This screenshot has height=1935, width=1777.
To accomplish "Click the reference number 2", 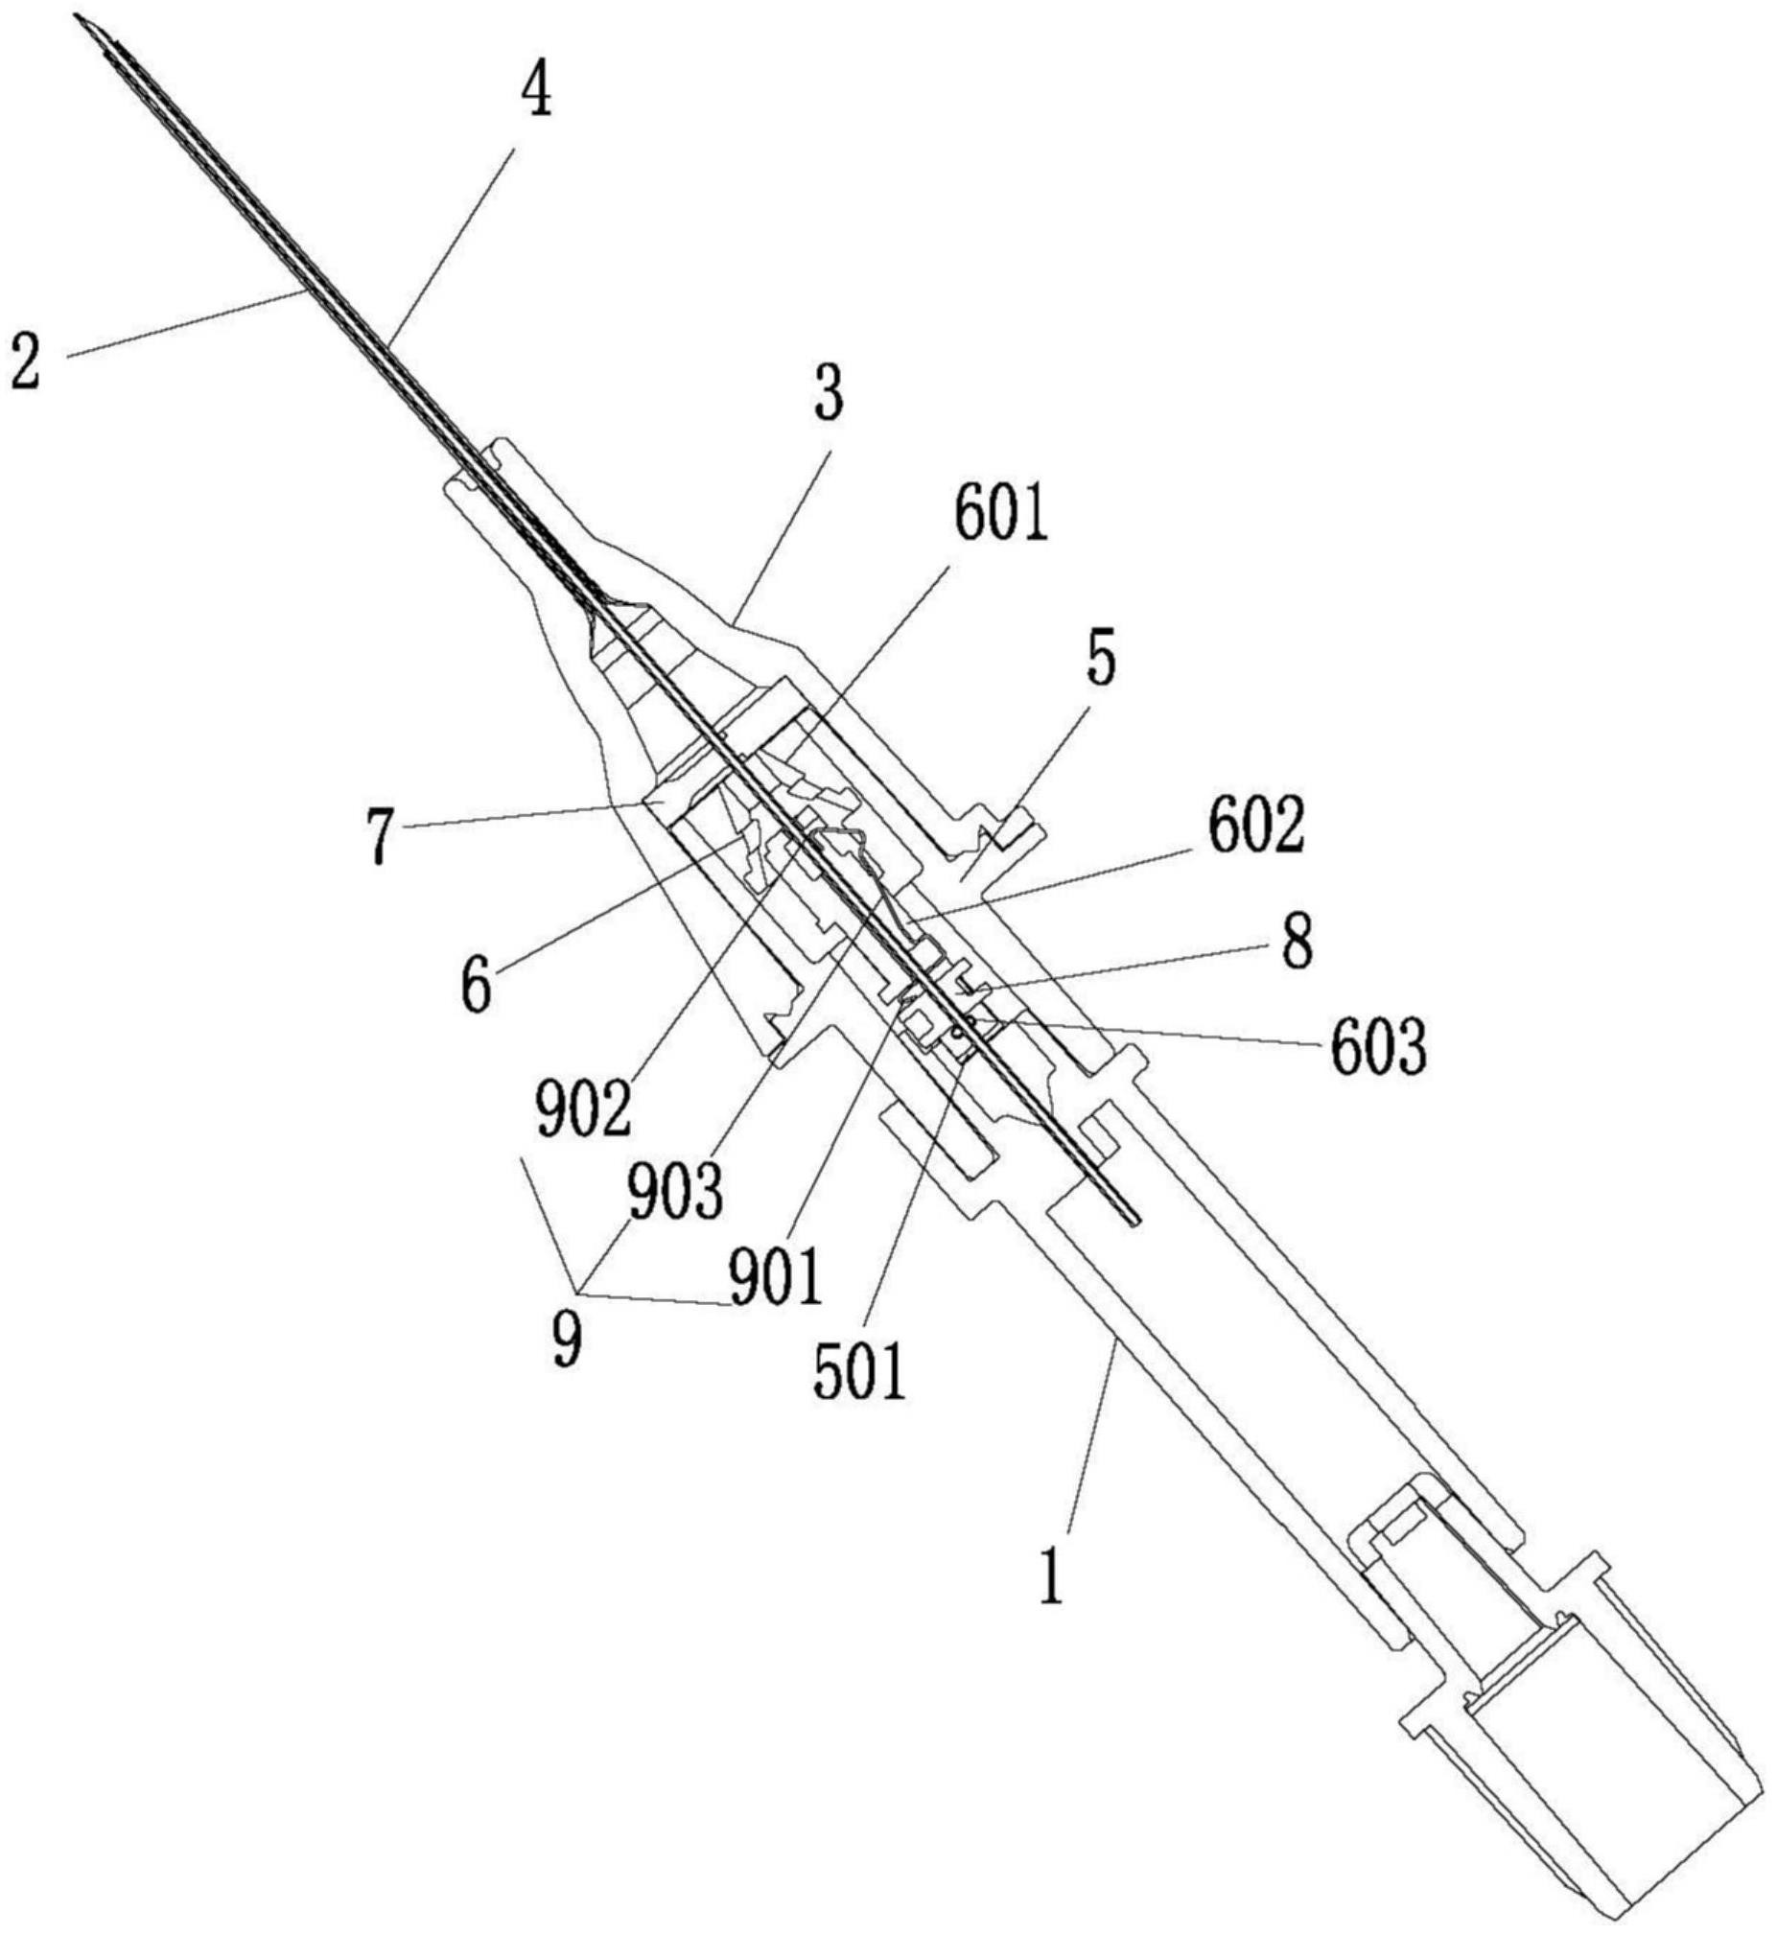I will [x=26, y=358].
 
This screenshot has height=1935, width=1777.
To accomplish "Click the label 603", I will [x=1378, y=1050].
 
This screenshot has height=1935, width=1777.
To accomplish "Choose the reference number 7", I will [x=381, y=836].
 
